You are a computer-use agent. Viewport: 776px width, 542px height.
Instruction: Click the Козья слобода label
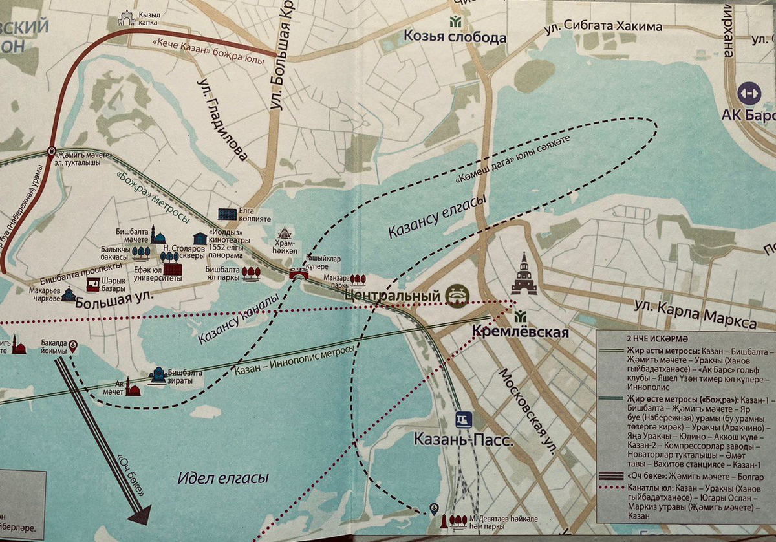tap(455, 38)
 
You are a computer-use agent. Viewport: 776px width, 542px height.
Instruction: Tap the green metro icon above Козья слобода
tap(457, 20)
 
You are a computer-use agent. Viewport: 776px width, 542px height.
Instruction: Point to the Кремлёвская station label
tap(516, 332)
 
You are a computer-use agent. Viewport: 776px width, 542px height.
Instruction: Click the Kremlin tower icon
tap(524, 274)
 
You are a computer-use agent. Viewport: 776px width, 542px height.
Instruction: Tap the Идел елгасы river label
tap(222, 479)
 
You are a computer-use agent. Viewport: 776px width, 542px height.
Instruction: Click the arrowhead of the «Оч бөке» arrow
tap(140, 514)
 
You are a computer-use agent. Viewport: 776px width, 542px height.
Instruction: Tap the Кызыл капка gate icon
tap(126, 19)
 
